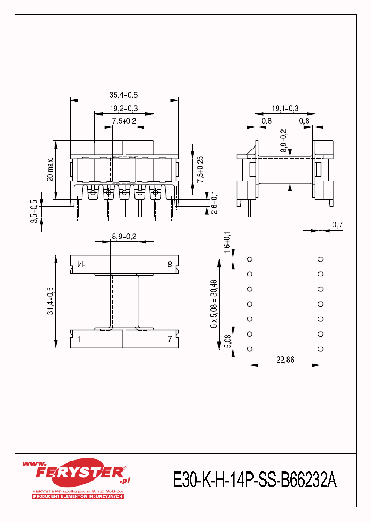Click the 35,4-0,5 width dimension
pos(124,95)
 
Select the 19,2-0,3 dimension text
pos(124,108)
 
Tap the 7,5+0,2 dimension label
pos(124,121)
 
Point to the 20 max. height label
pos(50,169)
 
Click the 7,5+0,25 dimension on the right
pos(200,168)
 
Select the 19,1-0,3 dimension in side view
pos(285,108)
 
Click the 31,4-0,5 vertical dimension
pos(50,302)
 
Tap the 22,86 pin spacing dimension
pos(285,360)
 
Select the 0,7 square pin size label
pos(334,225)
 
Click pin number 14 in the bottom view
pos(80,264)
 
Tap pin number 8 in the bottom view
pos(170,264)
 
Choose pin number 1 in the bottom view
pos(79,339)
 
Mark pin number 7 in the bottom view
pos(170,339)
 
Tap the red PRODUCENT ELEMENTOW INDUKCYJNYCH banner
pos(78,496)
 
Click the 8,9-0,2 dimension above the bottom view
pos(124,237)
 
